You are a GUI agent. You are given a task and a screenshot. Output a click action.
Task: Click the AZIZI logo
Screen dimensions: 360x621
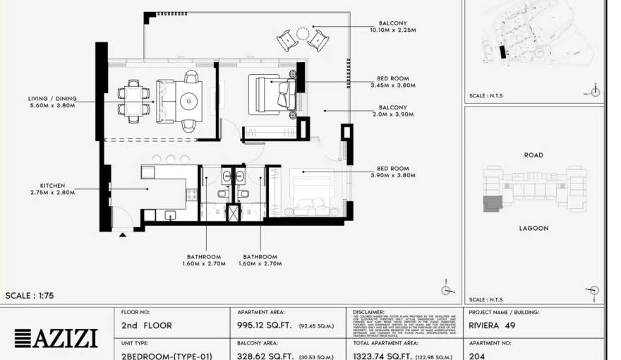[56, 338]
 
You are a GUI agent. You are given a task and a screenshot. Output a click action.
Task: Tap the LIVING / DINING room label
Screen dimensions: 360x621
[52, 102]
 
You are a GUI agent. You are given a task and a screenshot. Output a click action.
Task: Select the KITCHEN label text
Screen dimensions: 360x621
[52, 188]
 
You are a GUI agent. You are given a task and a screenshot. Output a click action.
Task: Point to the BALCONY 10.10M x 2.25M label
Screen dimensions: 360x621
[392, 27]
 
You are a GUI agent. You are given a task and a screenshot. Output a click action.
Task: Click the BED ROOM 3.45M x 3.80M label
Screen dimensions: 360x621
[392, 81]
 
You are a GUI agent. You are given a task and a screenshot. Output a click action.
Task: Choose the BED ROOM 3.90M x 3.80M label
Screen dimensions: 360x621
[392, 172]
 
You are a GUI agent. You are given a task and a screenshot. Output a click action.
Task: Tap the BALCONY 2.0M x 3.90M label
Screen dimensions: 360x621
[392, 111]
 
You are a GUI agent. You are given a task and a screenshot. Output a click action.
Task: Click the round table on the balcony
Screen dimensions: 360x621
[303, 34]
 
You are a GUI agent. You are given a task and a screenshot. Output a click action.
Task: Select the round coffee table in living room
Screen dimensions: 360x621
[188, 102]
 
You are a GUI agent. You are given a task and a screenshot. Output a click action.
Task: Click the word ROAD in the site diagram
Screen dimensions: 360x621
[533, 155]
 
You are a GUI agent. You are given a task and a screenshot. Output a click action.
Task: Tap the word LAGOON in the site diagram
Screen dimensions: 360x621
[533, 228]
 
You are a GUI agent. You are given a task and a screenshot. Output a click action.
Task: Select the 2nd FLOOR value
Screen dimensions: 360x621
[147, 326]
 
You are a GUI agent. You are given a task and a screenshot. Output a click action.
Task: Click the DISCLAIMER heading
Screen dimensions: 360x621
[368, 311]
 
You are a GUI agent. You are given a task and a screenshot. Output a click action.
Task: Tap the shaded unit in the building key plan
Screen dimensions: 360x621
[492, 203]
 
